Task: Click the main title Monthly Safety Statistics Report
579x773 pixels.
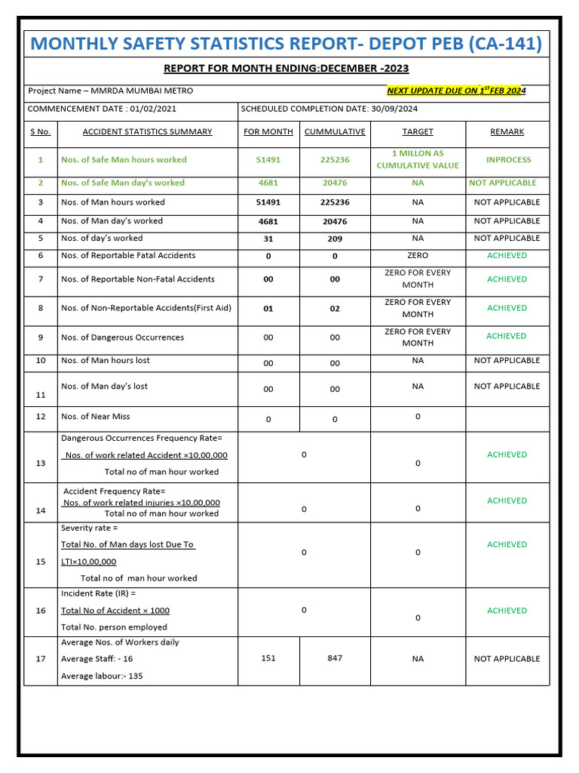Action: (x=286, y=44)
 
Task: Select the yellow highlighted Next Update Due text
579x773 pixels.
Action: (x=455, y=91)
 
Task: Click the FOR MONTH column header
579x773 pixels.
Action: (x=268, y=131)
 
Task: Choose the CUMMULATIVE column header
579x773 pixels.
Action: (x=335, y=131)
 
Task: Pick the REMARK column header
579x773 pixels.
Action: (x=507, y=131)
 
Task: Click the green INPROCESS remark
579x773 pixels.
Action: (x=508, y=160)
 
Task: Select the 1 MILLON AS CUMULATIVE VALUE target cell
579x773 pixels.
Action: (x=418, y=159)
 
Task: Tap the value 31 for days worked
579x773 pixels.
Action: (x=268, y=239)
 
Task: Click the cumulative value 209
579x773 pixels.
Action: (x=335, y=239)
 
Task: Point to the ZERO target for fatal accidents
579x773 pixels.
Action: (x=418, y=256)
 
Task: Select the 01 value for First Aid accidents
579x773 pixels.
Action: (x=268, y=309)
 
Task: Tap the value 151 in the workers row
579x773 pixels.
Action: (x=268, y=658)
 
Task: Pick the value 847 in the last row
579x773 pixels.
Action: (x=335, y=658)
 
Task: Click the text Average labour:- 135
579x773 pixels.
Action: (x=102, y=676)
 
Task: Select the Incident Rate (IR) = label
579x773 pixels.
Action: (x=98, y=594)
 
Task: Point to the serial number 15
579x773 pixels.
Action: (x=41, y=562)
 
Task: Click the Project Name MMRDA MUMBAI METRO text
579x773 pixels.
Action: (x=111, y=91)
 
